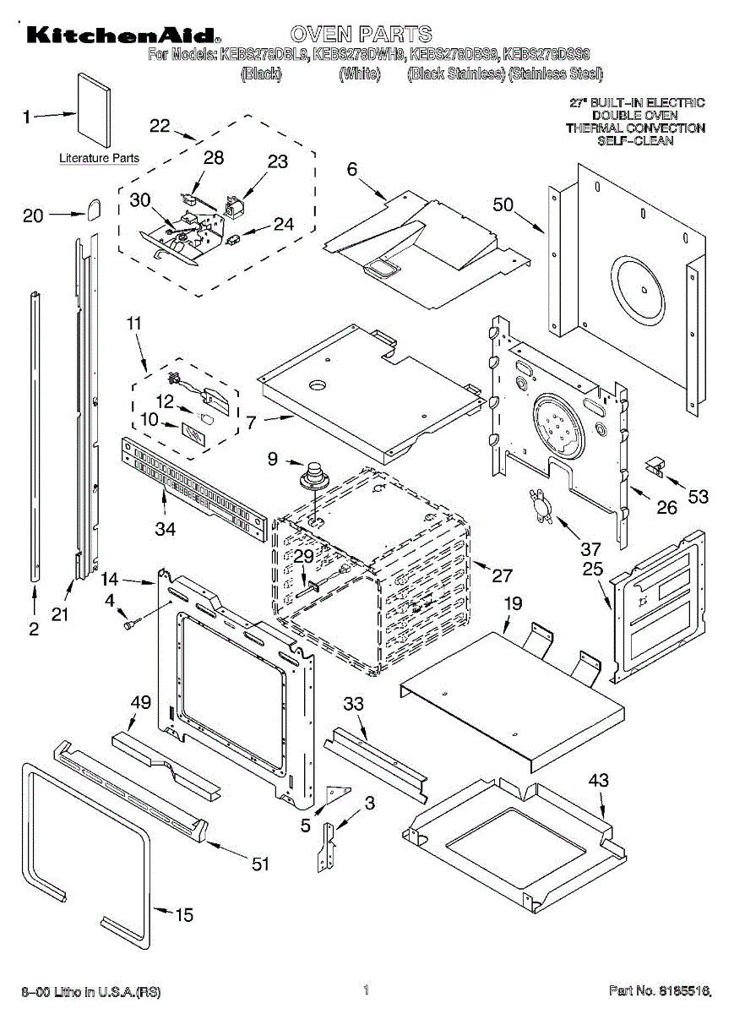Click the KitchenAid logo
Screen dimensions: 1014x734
coord(123,35)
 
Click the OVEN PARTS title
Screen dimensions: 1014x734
coord(361,35)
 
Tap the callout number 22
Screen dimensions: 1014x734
coord(160,126)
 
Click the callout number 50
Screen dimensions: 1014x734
coord(503,204)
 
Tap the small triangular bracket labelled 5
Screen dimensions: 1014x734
coord(340,792)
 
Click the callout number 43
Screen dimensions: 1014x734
coord(598,781)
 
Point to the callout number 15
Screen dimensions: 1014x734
coord(183,914)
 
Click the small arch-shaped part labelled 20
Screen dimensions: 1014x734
coord(93,207)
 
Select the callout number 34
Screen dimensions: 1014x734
coord(165,529)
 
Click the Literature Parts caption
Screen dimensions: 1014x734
coord(99,158)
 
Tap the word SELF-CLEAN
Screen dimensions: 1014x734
coord(635,141)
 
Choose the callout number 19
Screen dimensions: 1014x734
coord(514,603)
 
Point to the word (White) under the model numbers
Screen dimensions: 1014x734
coord(360,74)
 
